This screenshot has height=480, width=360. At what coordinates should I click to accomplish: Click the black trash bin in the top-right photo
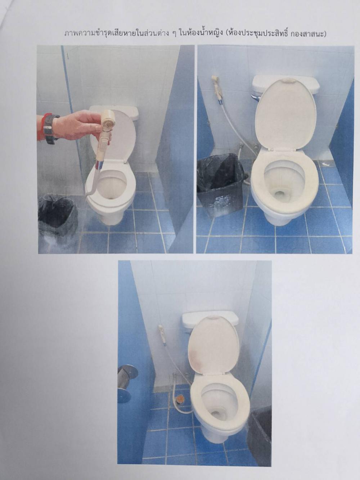point(221,184)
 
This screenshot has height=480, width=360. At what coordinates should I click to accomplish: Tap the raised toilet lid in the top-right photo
point(285,115)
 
